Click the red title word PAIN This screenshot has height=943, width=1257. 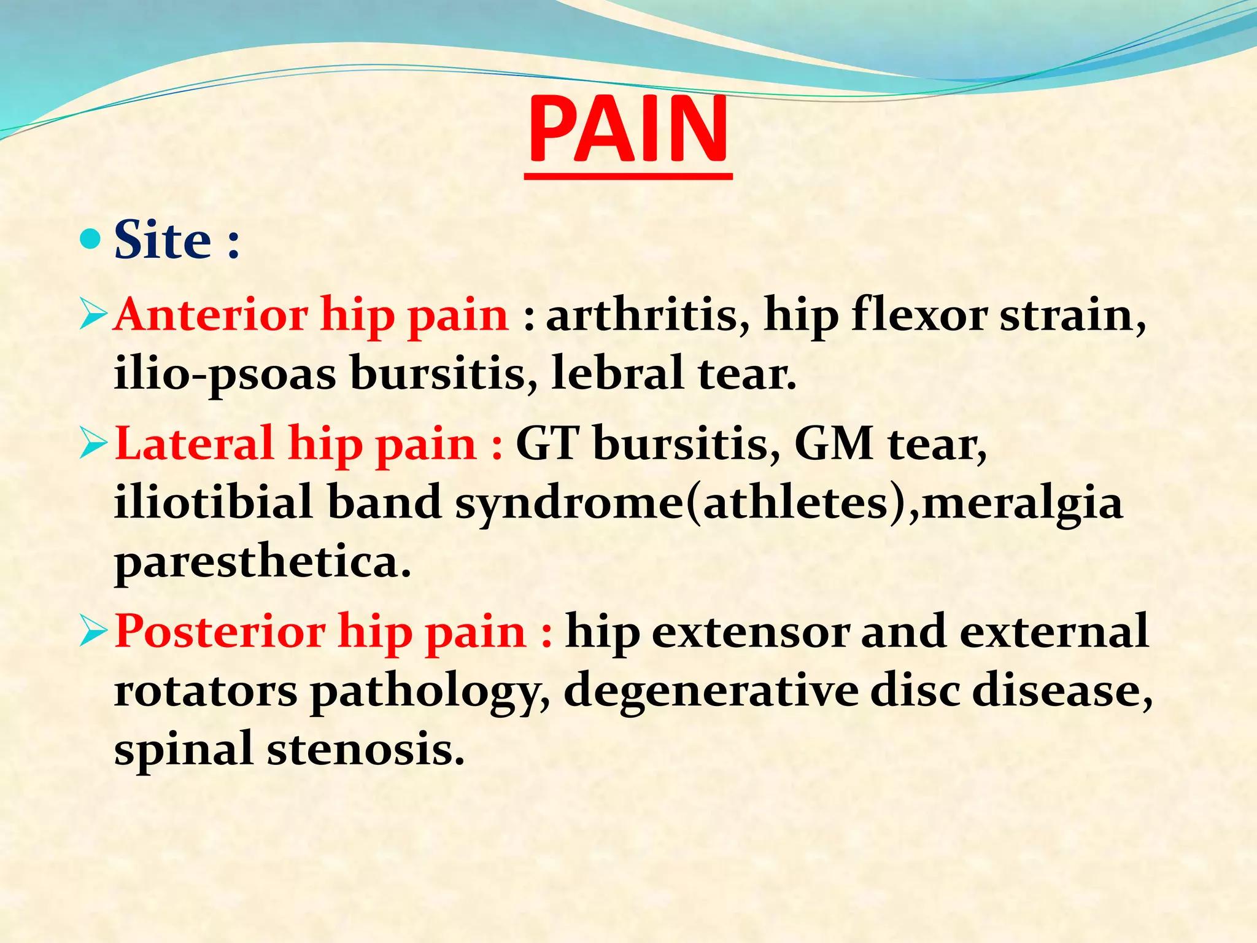point(628,130)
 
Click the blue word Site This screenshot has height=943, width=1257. point(163,240)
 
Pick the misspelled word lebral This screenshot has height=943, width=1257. point(617,373)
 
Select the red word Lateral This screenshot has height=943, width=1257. point(194,444)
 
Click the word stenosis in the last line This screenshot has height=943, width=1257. point(366,750)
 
